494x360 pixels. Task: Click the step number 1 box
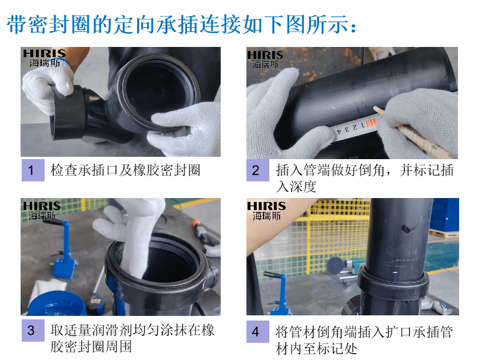(33, 170)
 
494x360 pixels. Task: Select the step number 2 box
(257, 170)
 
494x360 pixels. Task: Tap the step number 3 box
(33, 330)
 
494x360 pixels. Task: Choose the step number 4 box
(257, 331)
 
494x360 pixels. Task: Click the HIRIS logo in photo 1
(44, 58)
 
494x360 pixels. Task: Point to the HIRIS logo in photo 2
(265, 60)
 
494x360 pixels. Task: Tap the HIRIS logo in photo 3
(42, 211)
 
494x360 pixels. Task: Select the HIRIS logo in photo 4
(266, 211)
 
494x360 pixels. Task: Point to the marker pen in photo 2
(416, 133)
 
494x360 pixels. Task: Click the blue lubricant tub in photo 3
(57, 304)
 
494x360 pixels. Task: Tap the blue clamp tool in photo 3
(63, 249)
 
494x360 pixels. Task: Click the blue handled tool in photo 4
(278, 293)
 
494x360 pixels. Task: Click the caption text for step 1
(125, 170)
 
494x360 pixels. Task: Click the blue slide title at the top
(182, 24)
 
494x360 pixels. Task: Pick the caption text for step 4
(364, 340)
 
